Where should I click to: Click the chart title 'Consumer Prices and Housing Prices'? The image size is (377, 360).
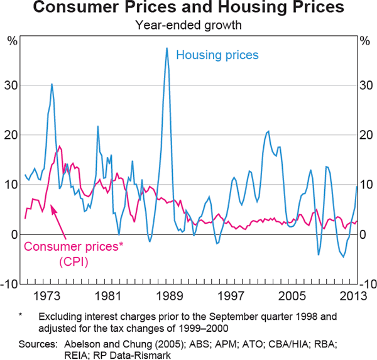tap(188, 9)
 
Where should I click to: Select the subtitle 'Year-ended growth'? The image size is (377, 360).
tap(188, 26)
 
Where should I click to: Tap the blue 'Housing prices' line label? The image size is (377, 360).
tap(217, 55)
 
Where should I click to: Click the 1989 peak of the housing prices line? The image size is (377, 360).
tap(167, 48)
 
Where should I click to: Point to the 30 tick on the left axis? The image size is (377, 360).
tap(13, 85)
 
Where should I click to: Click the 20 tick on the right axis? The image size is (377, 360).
tap(364, 135)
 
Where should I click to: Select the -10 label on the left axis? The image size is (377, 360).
tap(11, 284)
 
